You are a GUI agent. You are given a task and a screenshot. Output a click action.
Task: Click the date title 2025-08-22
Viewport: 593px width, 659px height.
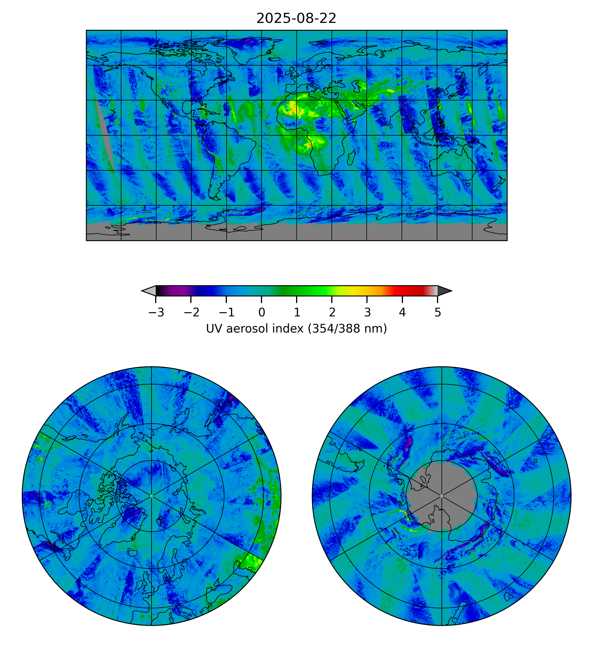point(296,19)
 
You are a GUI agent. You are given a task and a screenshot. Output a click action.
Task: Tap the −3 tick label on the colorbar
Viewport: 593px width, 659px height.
point(156,313)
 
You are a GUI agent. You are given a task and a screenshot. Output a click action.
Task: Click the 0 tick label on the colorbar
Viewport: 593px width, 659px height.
point(262,313)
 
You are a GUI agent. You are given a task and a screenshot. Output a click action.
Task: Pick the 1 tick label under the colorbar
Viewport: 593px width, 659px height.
point(297,313)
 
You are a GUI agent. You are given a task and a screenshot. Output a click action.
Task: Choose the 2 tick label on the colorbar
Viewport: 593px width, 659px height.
point(332,313)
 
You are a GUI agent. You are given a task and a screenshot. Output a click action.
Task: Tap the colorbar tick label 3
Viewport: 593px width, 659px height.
point(367,313)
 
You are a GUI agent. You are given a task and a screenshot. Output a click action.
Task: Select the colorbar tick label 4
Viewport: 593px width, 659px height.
point(402,313)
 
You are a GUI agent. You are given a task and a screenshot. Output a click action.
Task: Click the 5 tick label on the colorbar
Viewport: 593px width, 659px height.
point(438,313)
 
